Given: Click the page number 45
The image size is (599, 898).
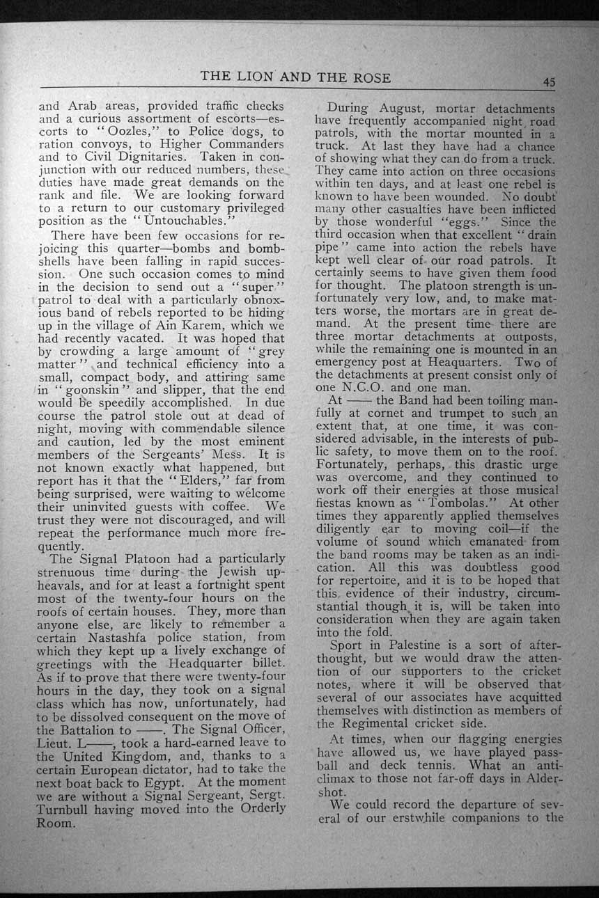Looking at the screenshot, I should click(x=550, y=81).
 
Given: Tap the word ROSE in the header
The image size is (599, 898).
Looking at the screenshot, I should click(x=368, y=77).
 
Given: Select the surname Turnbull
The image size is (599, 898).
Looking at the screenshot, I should click(x=70, y=809).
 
